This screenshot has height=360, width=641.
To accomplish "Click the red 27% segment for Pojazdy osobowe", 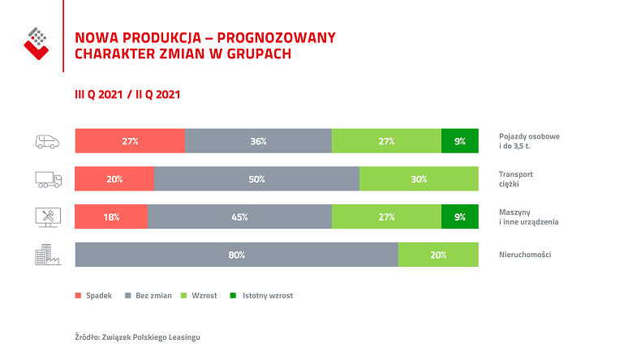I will click(130, 141).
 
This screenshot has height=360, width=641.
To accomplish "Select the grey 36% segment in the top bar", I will click(258, 141).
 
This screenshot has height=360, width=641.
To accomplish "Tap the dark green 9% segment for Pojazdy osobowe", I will click(459, 141).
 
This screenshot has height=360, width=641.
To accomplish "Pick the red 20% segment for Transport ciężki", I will click(114, 179).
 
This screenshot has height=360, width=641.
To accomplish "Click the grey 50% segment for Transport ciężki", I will click(256, 179).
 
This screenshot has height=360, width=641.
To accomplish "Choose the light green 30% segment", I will click(419, 179).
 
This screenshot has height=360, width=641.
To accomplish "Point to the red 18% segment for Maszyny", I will click(111, 216).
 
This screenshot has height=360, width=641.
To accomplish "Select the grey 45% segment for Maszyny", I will click(239, 216).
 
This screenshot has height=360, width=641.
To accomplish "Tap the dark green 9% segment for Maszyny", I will click(459, 216).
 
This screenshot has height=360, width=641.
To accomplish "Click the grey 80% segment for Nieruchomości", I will click(236, 255).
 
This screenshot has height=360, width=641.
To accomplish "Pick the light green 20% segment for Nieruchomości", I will click(438, 255).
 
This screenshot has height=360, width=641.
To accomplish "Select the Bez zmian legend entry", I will click(148, 296).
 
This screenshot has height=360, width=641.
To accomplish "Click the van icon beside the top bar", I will click(48, 141).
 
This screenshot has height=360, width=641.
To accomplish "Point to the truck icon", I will click(48, 179).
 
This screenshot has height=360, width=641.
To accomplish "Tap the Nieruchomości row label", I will click(525, 255).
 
